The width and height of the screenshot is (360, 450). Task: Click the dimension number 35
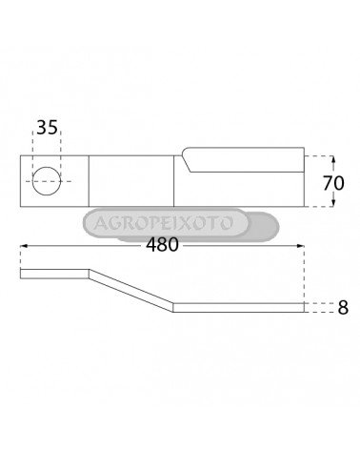pos(48,128)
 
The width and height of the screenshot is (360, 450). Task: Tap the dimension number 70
pos(333,183)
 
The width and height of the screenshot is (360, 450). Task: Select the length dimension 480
pos(162,245)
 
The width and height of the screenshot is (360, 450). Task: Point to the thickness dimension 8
pos(343,307)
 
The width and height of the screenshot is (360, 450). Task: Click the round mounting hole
pos(47,181)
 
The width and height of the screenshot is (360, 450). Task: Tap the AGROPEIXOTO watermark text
pos(164,223)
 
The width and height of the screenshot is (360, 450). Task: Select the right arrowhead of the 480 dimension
pos(300,246)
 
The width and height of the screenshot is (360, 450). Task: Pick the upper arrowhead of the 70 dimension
pos(333,160)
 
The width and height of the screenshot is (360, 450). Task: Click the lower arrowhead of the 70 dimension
pos(333,202)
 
